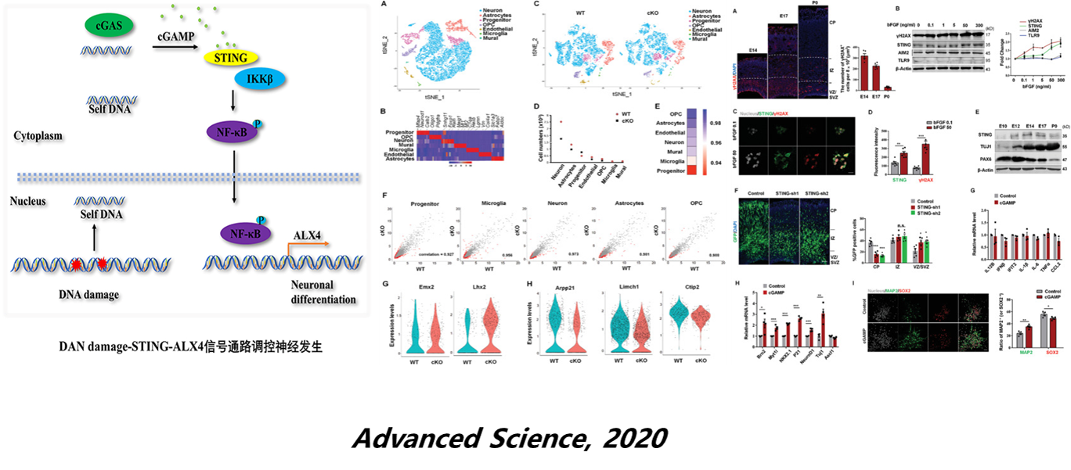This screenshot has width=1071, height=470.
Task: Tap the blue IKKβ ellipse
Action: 259,79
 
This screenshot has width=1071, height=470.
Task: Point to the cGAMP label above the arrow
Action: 175,37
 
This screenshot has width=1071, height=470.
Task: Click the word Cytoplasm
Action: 37,135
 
